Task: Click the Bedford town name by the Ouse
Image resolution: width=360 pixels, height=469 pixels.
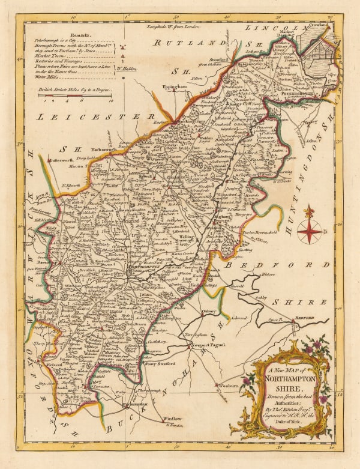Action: [x=305, y=320]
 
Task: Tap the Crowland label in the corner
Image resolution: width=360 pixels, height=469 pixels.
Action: [x=314, y=28]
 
